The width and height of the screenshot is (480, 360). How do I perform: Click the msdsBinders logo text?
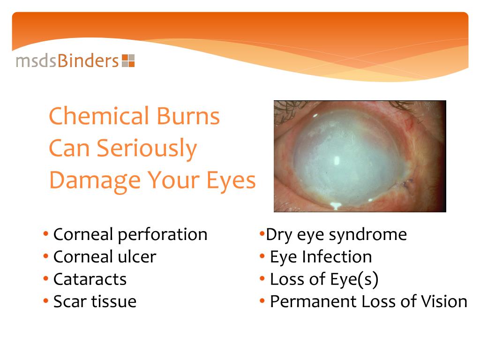click(x=67, y=61)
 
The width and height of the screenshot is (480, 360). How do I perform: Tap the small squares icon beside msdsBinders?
click(x=128, y=61)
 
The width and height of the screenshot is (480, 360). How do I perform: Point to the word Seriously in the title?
click(x=147, y=149)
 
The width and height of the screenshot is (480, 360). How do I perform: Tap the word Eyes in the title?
click(x=230, y=180)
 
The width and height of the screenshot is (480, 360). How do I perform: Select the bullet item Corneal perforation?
click(x=130, y=234)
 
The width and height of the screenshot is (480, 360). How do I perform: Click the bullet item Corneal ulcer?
click(x=105, y=257)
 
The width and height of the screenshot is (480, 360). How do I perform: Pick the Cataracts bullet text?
click(x=90, y=279)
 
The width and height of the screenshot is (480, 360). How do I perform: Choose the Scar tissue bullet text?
click(x=95, y=301)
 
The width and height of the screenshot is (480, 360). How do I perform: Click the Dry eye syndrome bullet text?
click(x=336, y=234)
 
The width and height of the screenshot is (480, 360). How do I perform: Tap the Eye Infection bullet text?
click(x=321, y=257)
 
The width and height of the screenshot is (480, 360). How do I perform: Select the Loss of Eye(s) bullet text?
click(x=324, y=279)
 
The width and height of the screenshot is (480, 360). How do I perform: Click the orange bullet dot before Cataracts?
click(x=45, y=279)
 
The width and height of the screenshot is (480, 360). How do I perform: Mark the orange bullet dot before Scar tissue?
click(x=45, y=301)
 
